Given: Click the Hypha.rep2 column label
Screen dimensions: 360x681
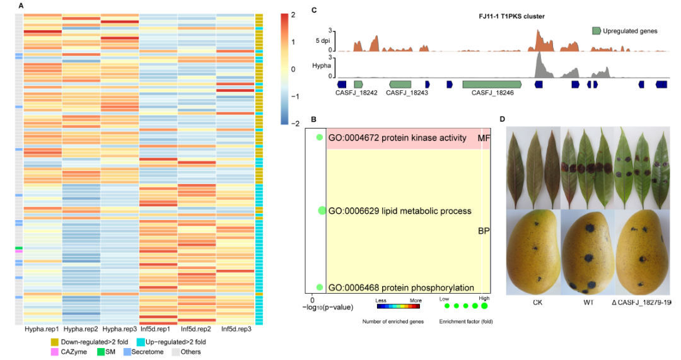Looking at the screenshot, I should coord(81,329).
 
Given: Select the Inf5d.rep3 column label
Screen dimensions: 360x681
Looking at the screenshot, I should coord(235,329).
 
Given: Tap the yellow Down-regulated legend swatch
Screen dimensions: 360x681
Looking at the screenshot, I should coord(55,342).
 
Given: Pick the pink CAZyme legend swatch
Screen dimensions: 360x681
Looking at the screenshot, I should coord(55,352).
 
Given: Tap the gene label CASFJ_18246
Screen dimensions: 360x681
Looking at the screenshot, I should coord(491,93).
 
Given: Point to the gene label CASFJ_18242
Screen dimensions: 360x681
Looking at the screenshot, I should coord(357,93).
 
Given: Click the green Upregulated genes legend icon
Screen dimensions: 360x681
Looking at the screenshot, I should coord(596,30).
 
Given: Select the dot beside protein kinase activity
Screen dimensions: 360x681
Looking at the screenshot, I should coord(320,138).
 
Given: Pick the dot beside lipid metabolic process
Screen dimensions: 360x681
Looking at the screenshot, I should coord(322,211).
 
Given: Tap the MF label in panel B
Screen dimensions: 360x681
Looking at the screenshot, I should coord(484,138).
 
